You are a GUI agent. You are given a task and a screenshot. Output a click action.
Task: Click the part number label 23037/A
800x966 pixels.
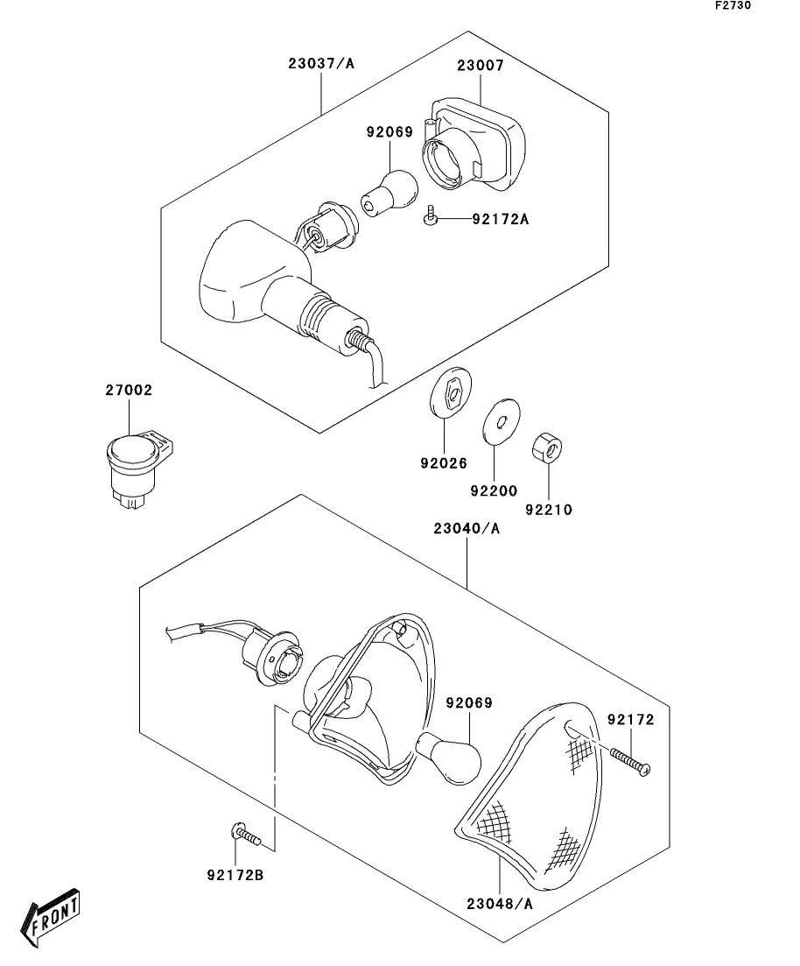(x=321, y=63)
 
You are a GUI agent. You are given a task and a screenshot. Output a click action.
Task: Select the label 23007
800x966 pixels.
(x=481, y=66)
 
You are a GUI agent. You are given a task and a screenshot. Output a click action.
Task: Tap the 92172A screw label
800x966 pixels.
(x=500, y=219)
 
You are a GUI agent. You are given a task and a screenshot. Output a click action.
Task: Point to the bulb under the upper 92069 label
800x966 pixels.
(x=389, y=193)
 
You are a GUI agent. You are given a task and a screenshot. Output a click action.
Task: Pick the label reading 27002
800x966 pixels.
(x=129, y=390)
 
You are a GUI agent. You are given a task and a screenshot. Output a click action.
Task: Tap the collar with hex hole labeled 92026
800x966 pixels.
(x=450, y=391)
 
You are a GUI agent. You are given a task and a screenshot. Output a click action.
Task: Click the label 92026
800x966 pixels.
(x=444, y=462)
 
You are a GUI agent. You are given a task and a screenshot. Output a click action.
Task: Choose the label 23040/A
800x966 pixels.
(x=467, y=529)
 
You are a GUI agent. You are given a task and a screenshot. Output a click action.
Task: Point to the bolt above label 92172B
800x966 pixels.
(x=246, y=834)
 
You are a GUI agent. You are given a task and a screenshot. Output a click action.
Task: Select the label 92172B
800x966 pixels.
(x=235, y=875)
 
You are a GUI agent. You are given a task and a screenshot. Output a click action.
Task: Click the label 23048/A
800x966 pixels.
(x=500, y=904)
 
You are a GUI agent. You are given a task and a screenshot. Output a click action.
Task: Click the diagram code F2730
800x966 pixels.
(x=733, y=5)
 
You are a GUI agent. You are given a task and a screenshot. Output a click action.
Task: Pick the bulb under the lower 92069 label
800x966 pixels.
(x=448, y=758)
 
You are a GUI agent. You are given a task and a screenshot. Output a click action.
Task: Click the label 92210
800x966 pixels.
(x=549, y=510)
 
